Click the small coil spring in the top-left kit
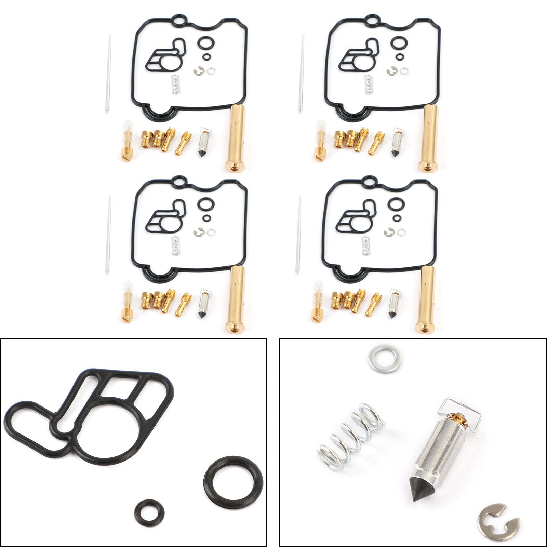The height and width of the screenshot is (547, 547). (x=175, y=84)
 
